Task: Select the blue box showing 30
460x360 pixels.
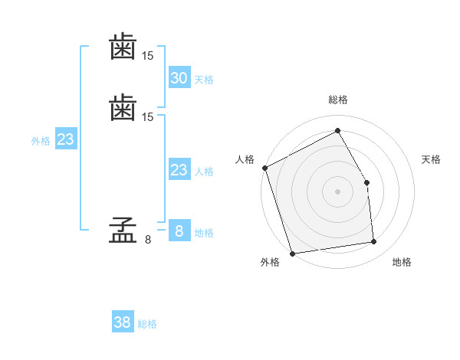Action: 179,77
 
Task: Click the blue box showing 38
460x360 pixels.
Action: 123,322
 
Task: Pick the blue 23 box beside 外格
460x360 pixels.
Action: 65,139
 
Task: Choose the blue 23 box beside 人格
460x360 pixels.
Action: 179,170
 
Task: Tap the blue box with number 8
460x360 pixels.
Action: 179,231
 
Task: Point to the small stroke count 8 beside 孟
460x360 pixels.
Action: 148,240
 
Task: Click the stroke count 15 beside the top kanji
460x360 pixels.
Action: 148,56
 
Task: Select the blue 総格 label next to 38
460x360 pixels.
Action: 147,324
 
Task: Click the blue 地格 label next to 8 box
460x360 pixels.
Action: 204,233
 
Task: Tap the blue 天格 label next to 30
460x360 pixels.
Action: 204,80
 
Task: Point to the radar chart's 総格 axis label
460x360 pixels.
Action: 338,100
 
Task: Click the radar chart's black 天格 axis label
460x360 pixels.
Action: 432,159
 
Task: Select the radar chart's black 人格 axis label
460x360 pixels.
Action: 245,159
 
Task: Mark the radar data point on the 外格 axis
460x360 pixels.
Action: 292,253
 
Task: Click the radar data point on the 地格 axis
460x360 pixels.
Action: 374,242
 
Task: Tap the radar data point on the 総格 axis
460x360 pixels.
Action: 338,130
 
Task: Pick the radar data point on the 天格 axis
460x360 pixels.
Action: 367,182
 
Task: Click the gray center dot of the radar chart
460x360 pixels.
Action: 338,191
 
